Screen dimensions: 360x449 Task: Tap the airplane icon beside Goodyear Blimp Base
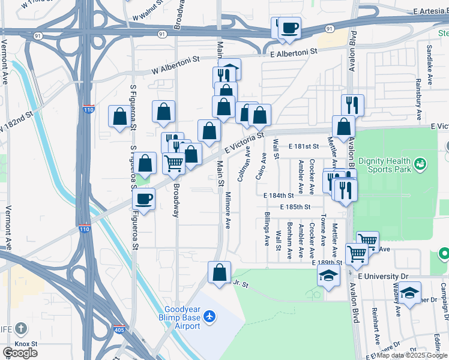tap(209, 316)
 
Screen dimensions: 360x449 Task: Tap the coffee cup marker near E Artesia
tap(289, 28)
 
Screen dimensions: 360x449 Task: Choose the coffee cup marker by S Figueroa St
tap(144, 198)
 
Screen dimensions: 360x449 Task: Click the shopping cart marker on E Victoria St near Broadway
tap(174, 162)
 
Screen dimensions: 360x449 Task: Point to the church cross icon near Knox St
tap(21, 328)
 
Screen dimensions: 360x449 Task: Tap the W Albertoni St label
tap(175, 65)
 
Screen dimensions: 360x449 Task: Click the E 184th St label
tap(279, 195)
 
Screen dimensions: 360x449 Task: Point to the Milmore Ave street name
tap(228, 211)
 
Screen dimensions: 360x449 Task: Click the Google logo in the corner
tap(20, 353)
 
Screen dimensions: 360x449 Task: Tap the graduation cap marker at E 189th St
tap(328, 275)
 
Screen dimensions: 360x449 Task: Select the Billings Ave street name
tap(267, 229)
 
